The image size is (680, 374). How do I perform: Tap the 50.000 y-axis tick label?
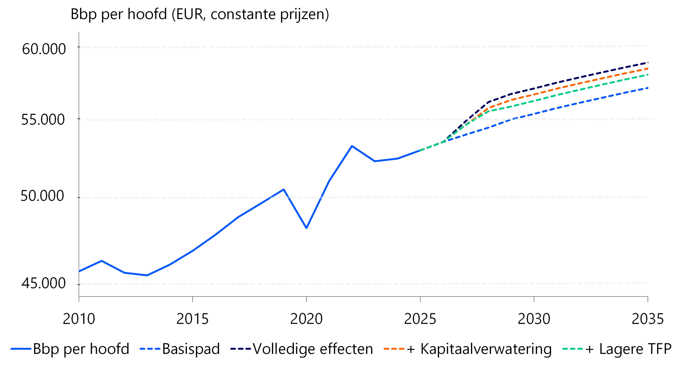42,196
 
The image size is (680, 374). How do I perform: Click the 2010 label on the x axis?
79,319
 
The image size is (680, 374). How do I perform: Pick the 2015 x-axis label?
192,319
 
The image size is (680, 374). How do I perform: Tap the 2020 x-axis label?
306,319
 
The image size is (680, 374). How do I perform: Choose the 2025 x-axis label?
420,319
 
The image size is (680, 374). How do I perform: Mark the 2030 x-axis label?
534,319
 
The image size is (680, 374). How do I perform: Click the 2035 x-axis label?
648,319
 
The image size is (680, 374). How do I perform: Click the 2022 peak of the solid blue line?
352,146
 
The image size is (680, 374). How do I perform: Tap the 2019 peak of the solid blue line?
284,189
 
